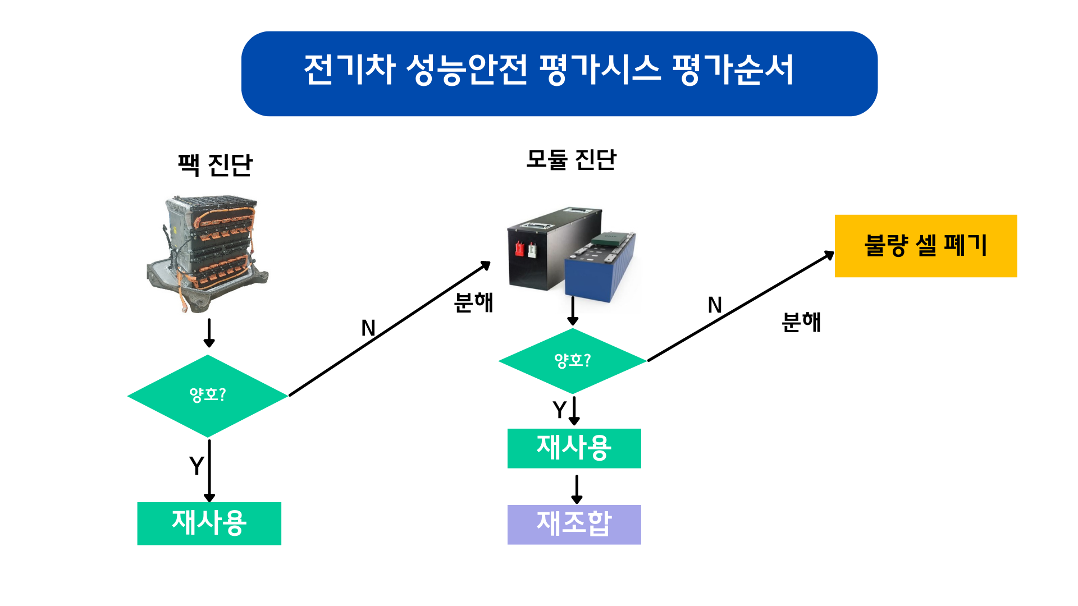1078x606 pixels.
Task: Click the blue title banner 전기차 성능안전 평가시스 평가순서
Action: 559,74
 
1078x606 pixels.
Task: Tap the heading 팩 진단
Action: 215,165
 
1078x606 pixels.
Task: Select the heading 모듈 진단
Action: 571,160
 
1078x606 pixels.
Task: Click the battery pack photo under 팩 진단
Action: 207,254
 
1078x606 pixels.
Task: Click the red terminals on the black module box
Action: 526,249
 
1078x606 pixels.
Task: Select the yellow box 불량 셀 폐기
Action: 926,246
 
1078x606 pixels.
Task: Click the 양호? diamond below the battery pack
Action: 208,396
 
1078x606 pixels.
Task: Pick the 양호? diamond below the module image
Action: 573,361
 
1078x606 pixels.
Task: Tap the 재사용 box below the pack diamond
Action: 209,523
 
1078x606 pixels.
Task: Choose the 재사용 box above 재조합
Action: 574,448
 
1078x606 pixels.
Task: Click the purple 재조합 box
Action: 574,524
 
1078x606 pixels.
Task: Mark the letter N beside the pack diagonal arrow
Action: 368,328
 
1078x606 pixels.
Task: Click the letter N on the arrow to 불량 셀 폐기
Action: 715,305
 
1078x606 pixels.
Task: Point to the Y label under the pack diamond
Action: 197,466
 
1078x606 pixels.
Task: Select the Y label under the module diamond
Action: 559,410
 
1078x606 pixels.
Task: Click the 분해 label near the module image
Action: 473,302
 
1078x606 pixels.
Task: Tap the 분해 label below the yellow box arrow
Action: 801,322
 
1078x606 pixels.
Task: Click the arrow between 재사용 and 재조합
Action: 577,489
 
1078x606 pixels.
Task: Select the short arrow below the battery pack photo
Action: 209,333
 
